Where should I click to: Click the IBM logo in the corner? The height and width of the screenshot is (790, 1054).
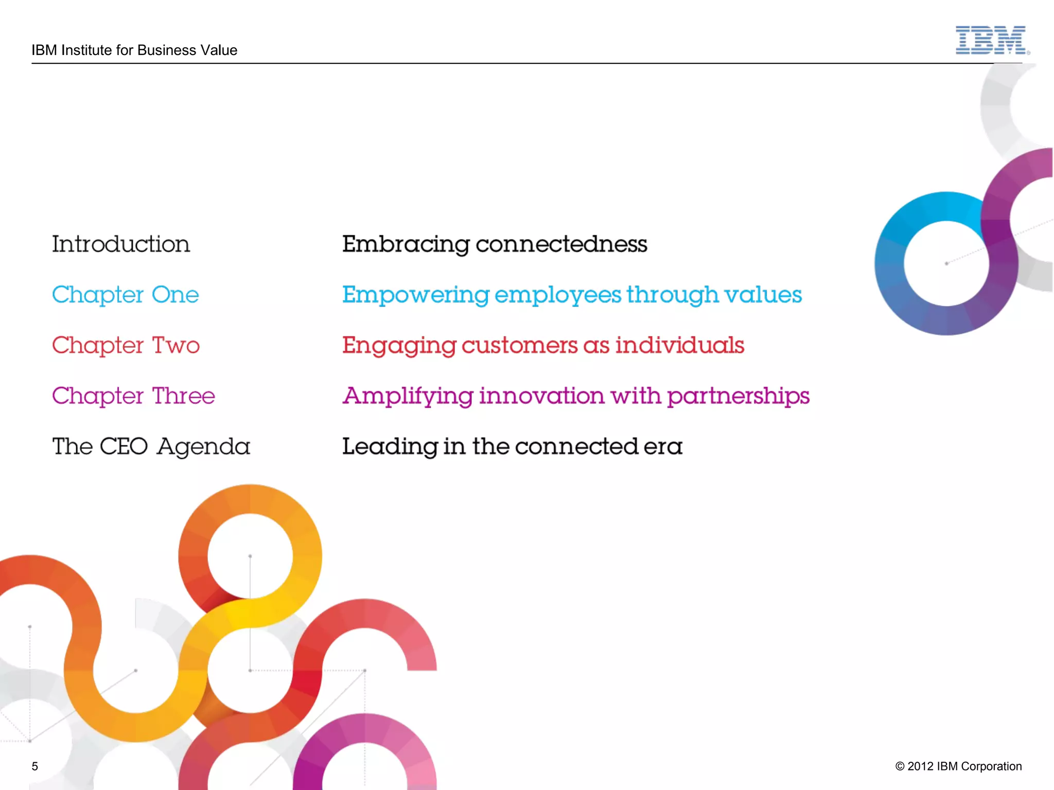(x=991, y=40)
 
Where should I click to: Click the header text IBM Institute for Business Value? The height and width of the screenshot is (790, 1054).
(x=134, y=50)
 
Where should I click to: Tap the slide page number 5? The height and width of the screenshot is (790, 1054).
(x=35, y=766)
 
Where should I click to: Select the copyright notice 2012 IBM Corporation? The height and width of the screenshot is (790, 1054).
(x=958, y=766)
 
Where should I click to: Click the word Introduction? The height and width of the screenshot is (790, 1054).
(x=121, y=244)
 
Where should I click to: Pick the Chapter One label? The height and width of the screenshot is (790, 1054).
(x=126, y=295)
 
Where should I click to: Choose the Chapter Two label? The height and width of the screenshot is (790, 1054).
(x=126, y=345)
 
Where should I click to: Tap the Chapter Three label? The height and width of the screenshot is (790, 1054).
(x=133, y=396)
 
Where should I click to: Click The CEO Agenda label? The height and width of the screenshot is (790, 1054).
(x=151, y=446)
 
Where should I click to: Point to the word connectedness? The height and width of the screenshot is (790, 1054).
(x=561, y=244)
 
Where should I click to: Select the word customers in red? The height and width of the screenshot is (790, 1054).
(x=519, y=346)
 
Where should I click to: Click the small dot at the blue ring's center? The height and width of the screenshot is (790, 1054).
(x=946, y=264)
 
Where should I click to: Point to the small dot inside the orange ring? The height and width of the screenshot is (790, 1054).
(x=250, y=556)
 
